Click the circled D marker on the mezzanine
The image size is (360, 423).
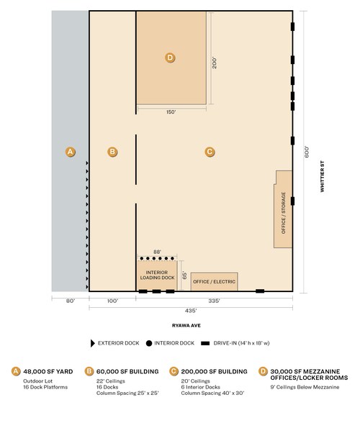(x=170, y=58)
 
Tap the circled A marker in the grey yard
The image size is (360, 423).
(x=71, y=152)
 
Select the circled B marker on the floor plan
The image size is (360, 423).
(x=112, y=152)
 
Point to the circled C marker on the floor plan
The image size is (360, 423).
(x=210, y=152)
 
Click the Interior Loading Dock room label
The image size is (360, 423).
(x=157, y=275)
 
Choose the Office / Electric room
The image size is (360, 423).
(x=214, y=282)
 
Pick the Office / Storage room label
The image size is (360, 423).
(x=283, y=213)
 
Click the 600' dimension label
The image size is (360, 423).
(x=306, y=153)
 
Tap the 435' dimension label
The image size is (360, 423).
(x=191, y=311)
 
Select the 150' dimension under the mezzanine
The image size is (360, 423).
(x=171, y=112)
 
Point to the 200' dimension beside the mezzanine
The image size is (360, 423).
(x=214, y=63)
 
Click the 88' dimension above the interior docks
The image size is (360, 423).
(x=157, y=252)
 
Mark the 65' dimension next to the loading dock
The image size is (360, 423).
(x=184, y=276)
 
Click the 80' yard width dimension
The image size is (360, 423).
(x=71, y=301)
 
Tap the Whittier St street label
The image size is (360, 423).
(x=322, y=176)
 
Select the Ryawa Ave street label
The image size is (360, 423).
(x=186, y=326)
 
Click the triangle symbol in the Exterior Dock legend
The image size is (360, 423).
(x=93, y=343)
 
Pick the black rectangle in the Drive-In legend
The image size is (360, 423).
(x=205, y=343)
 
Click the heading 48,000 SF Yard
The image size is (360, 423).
(x=48, y=371)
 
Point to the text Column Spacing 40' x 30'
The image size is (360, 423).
(x=212, y=393)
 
